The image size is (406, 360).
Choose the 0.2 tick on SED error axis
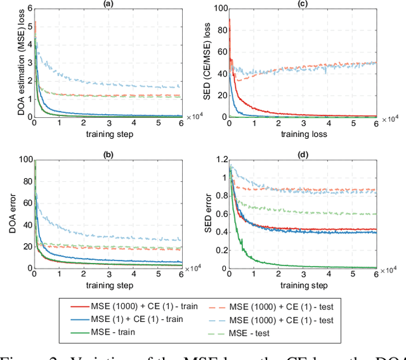pos(220,250)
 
